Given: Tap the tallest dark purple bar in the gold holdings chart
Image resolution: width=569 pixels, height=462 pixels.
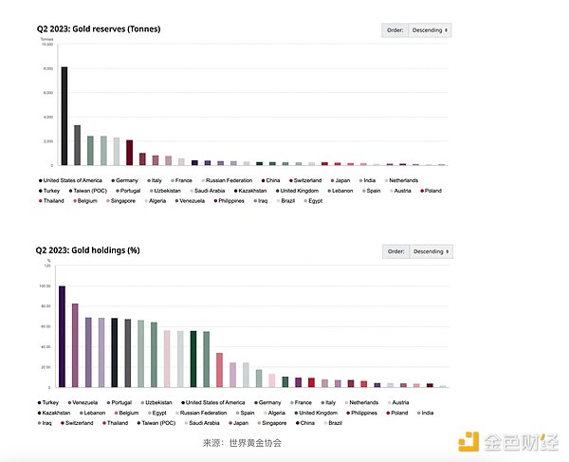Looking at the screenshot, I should [x=63, y=336].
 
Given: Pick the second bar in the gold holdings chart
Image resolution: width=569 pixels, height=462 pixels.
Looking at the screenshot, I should [x=76, y=345].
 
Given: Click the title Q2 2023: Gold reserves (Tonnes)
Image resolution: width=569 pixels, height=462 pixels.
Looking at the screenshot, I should [x=100, y=29].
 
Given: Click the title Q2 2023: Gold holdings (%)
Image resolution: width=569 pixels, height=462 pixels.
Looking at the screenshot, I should [x=88, y=250].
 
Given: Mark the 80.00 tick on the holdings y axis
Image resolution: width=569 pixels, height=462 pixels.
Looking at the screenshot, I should [x=45, y=305].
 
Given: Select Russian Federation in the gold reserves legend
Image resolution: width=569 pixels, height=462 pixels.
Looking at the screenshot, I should [x=227, y=179].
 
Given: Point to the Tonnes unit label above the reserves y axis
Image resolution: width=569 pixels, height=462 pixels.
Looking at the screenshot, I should [x=46, y=39].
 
